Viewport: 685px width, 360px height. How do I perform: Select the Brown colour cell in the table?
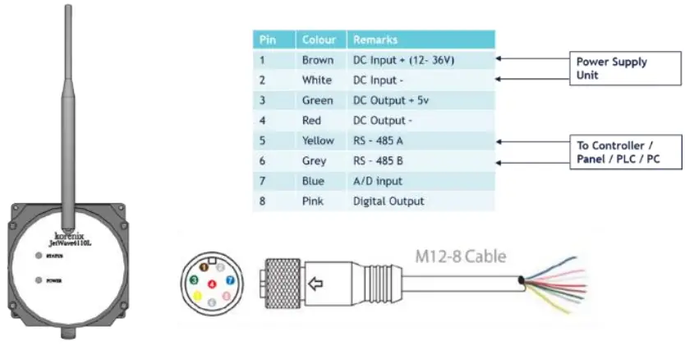coord(318,60)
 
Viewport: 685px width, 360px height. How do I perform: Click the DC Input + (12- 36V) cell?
coord(402,60)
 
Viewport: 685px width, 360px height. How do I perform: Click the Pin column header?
coord(268,39)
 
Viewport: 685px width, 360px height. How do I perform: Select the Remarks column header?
coord(375,39)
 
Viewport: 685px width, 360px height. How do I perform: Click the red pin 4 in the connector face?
coord(212,284)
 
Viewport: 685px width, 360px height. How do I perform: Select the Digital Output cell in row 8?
coord(388,201)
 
